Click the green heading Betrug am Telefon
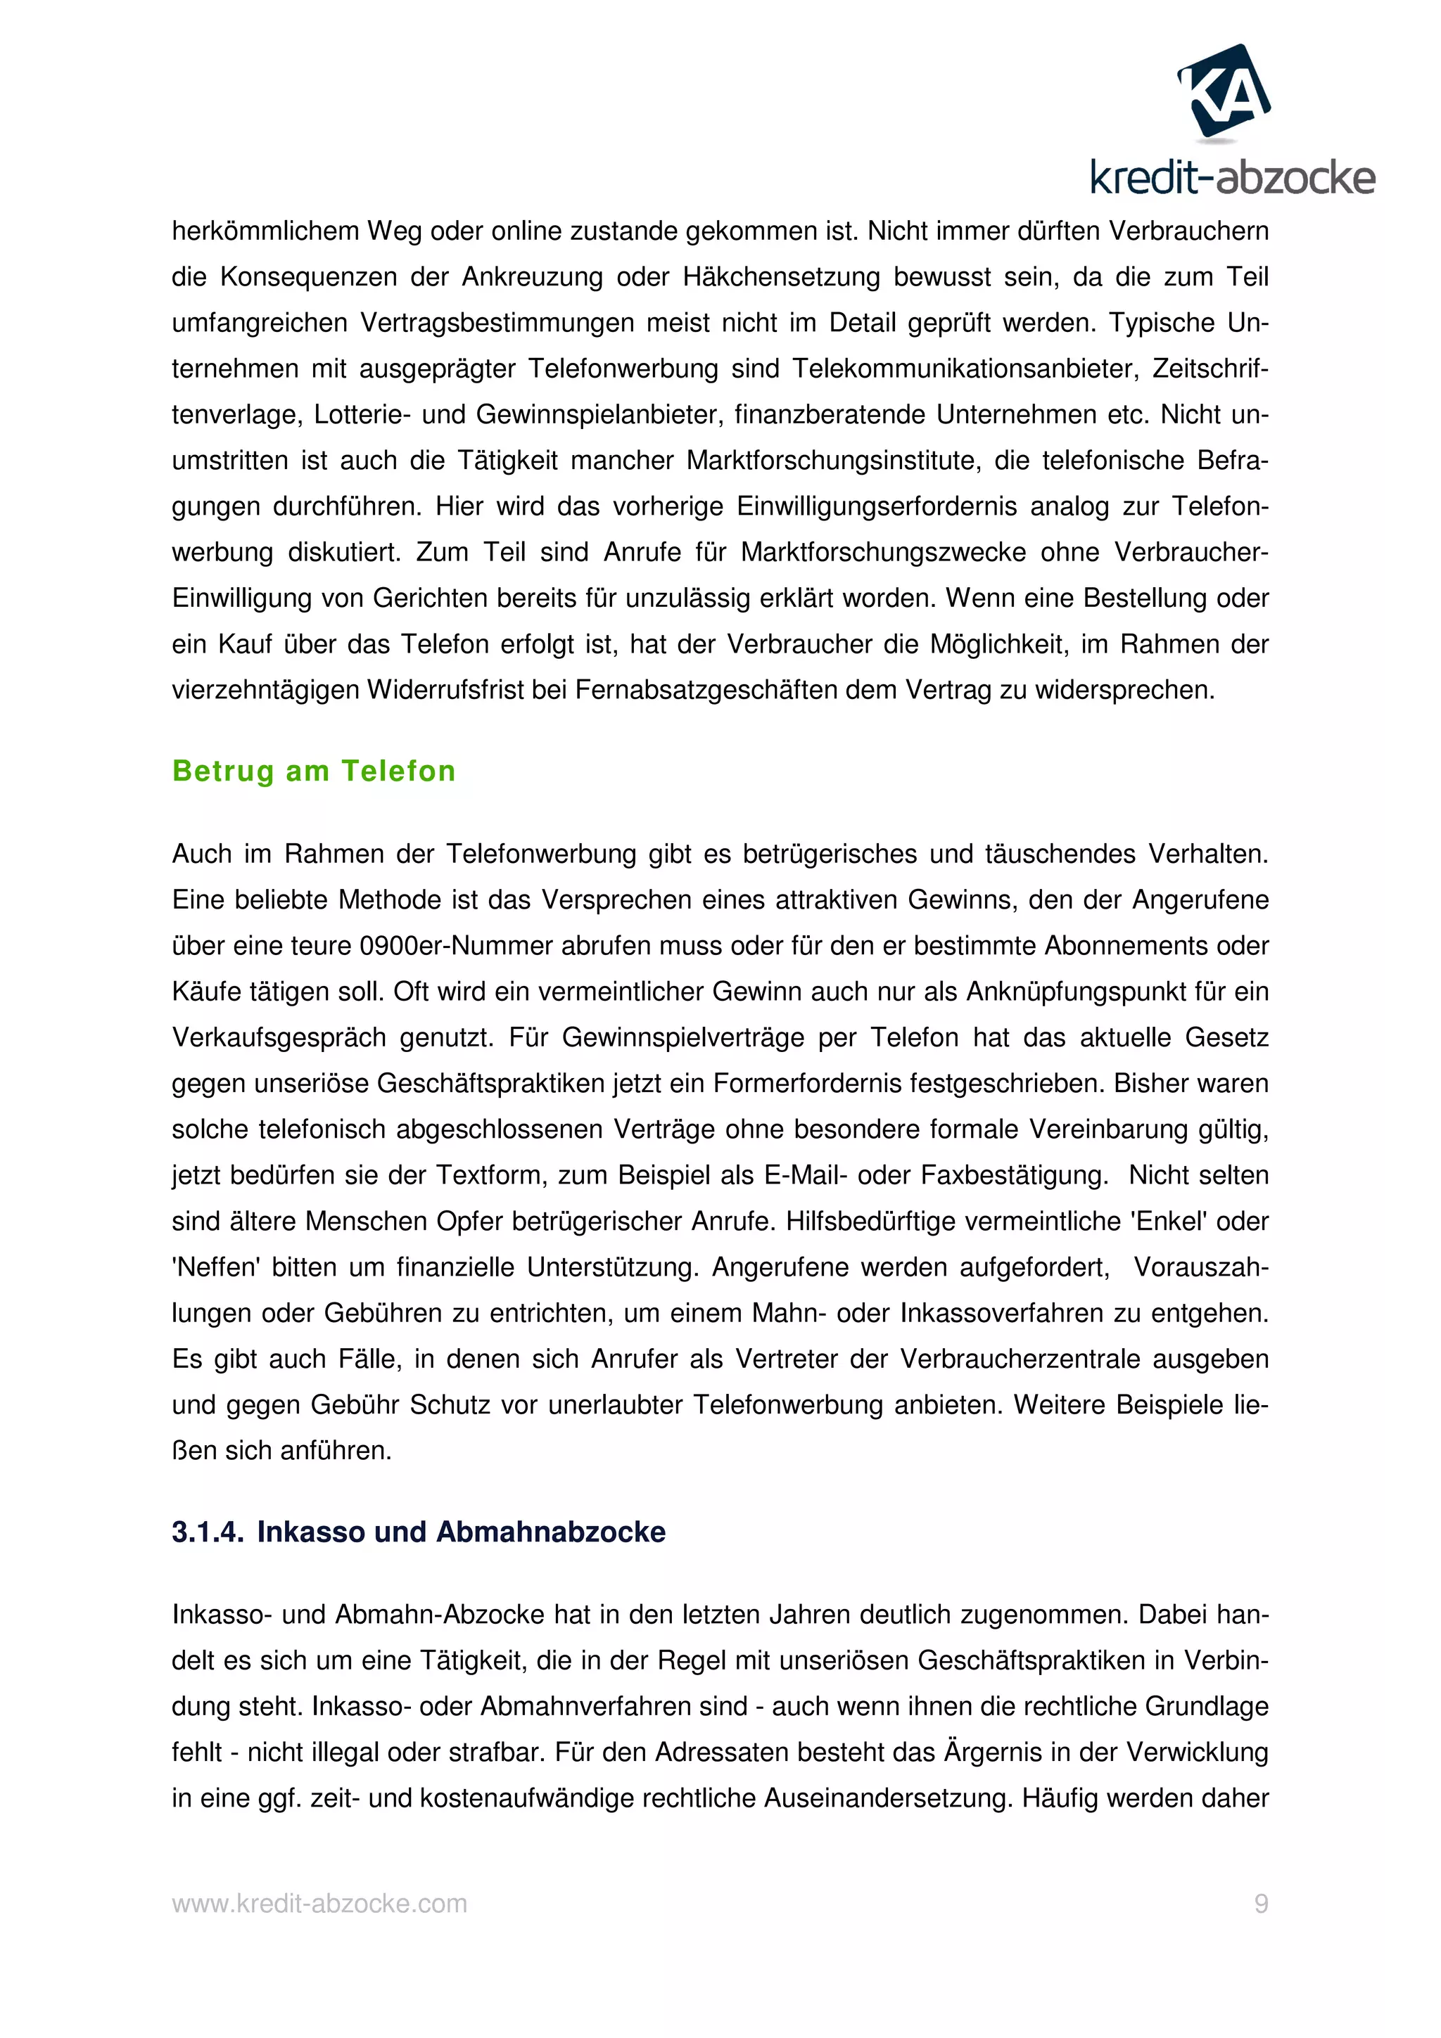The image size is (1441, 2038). [x=313, y=771]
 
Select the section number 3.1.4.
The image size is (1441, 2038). [x=207, y=1532]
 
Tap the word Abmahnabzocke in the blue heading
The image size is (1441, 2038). [x=550, y=1532]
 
